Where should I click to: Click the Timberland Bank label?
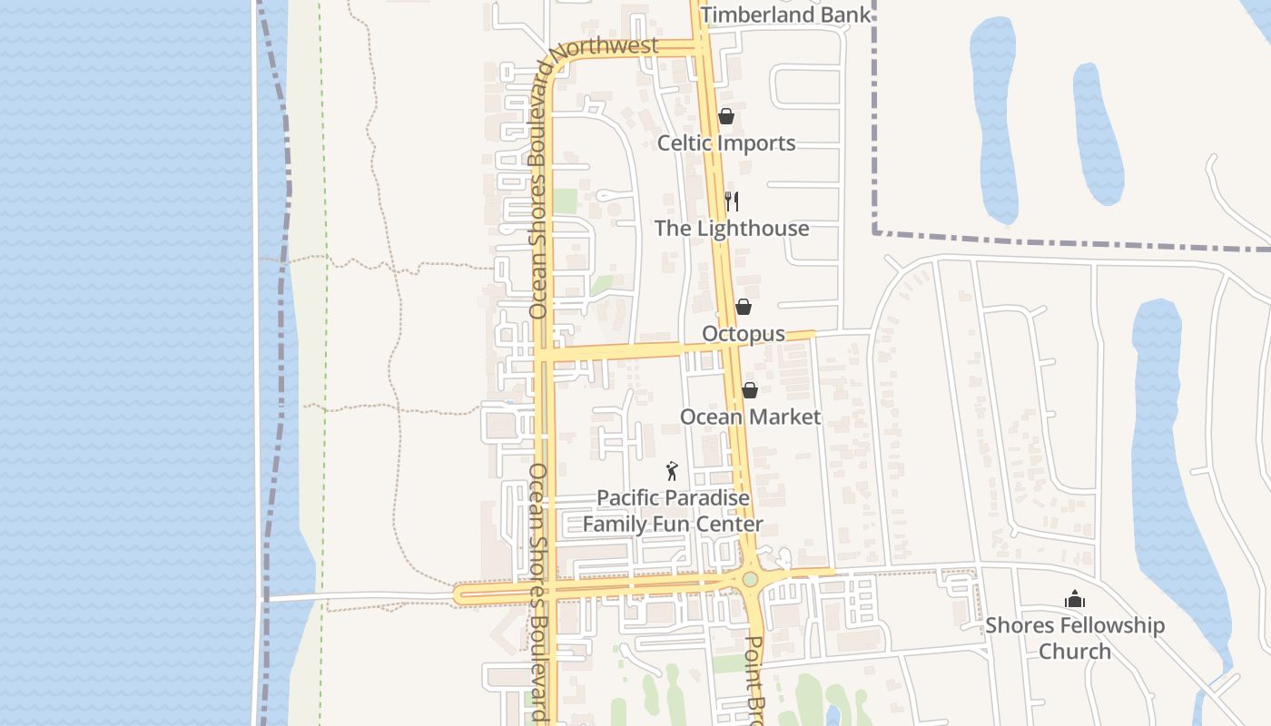(785, 15)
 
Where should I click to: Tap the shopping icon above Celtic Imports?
(725, 116)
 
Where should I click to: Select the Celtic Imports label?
(725, 143)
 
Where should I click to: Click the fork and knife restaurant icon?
(732, 201)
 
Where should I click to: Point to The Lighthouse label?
(732, 228)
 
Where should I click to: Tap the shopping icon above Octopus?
(743, 307)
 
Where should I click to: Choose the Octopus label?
(743, 334)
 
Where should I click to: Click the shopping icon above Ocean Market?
(749, 390)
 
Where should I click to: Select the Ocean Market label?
(750, 417)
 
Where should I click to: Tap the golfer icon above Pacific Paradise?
(672, 471)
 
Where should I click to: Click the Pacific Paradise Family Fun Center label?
(673, 511)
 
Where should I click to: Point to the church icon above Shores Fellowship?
(1075, 599)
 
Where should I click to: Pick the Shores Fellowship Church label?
(1075, 638)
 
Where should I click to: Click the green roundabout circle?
(750, 579)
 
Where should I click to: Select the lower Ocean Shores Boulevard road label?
(539, 590)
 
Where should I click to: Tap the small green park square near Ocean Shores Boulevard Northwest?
(565, 201)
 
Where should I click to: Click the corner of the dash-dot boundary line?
(875, 232)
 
